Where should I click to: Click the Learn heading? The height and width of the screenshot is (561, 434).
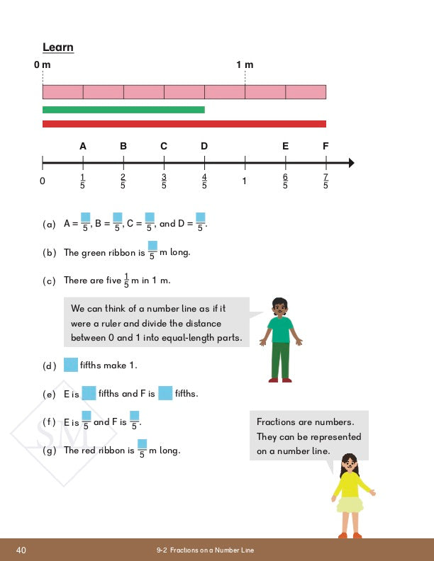(58, 47)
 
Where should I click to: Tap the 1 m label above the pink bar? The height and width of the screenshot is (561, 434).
(245, 65)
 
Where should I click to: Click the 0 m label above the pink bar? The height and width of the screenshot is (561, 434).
(43, 65)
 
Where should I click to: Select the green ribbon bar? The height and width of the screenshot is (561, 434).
(123, 110)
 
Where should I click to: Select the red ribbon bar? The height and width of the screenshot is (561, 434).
(184, 124)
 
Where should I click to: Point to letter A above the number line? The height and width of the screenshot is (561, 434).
(83, 147)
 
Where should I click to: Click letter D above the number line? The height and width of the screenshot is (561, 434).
(204, 147)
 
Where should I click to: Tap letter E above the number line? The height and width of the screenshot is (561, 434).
(285, 147)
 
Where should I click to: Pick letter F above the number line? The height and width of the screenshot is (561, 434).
(325, 147)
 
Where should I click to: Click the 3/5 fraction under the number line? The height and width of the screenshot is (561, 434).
(164, 181)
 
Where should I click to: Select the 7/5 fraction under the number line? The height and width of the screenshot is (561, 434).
(325, 181)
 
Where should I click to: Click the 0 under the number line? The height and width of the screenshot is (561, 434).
(43, 181)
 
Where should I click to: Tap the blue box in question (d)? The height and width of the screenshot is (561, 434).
(70, 365)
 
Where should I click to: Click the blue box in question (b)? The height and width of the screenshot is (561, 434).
(152, 246)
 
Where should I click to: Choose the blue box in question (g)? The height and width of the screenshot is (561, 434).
(142, 444)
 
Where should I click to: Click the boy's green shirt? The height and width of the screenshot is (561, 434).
(281, 329)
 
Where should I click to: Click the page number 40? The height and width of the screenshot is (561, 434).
(21, 550)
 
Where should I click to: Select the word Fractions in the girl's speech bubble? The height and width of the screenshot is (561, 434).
(275, 422)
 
